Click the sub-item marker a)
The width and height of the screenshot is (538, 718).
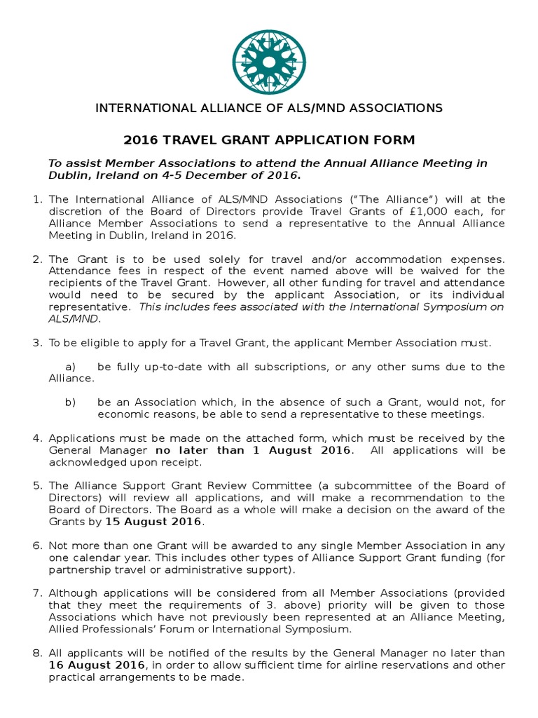click(70, 367)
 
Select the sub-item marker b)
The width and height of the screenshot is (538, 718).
click(70, 402)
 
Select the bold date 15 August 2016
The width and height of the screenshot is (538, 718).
click(154, 522)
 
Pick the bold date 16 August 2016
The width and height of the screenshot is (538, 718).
click(97, 665)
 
